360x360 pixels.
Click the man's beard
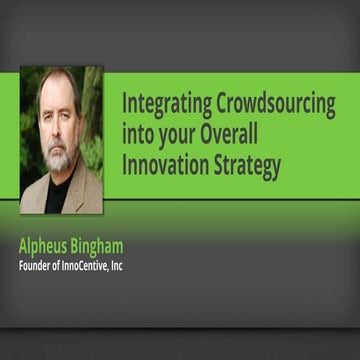pos(58,160)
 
